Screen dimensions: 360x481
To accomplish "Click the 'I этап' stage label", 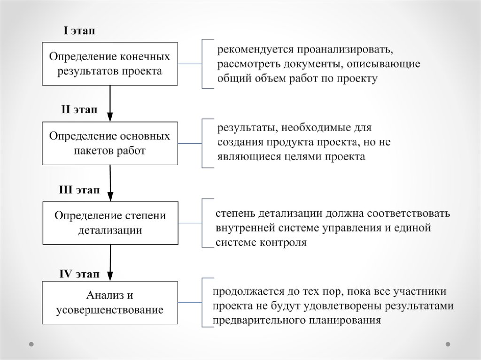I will click(79, 31).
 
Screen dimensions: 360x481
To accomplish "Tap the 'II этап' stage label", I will click(79, 110).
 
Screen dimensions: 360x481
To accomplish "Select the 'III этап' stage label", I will click(79, 190).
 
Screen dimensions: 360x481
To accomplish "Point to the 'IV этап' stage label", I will click(79, 273).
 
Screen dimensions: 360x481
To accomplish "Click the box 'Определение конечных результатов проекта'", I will click(110, 64).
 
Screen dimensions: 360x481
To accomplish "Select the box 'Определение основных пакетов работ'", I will click(110, 144).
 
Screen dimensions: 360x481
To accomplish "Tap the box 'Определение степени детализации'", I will click(110, 223).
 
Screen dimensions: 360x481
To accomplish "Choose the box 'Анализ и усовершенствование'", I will click(110, 303).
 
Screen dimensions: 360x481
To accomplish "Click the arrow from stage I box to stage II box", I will click(110, 103).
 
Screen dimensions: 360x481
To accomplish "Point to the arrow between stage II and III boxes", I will click(110, 183).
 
